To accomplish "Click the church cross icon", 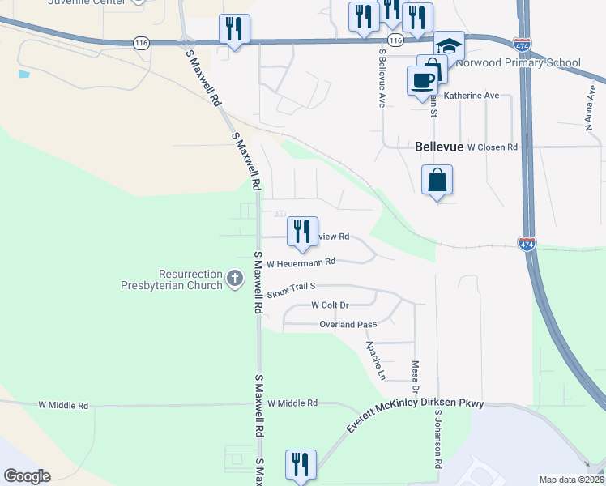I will tap(235, 279).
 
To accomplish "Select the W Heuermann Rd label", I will tap(301, 262).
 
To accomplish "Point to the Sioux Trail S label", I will tap(291, 287).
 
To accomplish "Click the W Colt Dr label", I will tap(330, 305).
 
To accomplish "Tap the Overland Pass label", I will tap(348, 325).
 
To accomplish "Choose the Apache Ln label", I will tap(375, 360).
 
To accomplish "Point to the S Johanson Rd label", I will tap(437, 438).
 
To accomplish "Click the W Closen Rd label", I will tap(485, 147).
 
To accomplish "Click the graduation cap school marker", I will tap(448, 45).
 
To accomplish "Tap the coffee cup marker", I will tap(422, 81).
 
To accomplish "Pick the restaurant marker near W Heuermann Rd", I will tap(301, 231).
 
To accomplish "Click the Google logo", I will tap(27, 476).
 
